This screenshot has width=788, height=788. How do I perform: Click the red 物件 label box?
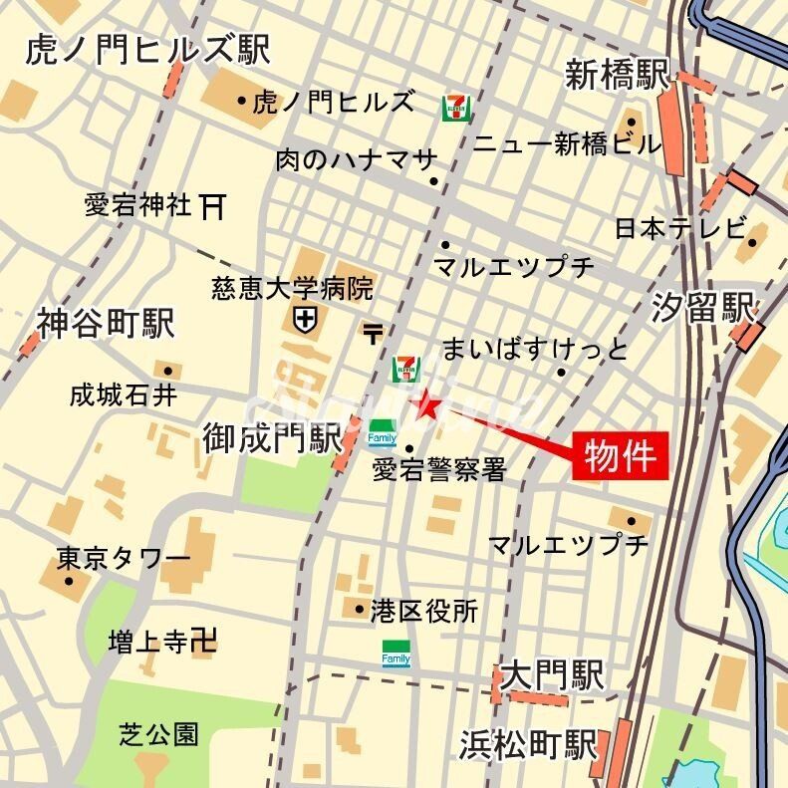click(x=619, y=456)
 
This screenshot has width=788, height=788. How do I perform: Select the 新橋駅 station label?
click(x=612, y=77)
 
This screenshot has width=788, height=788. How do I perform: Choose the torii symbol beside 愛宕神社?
click(x=212, y=206)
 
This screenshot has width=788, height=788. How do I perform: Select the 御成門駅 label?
click(x=271, y=439)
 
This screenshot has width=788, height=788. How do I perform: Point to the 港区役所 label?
click(x=423, y=610)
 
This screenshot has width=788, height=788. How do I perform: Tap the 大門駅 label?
click(x=553, y=677)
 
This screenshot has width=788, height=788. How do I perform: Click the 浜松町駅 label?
click(x=528, y=744)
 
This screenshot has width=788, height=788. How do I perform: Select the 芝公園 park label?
click(x=158, y=735)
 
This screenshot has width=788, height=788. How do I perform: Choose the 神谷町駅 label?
click(x=106, y=324)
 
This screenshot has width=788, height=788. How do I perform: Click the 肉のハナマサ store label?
click(x=356, y=159)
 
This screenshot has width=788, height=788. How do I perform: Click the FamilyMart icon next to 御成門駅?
click(x=382, y=433)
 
